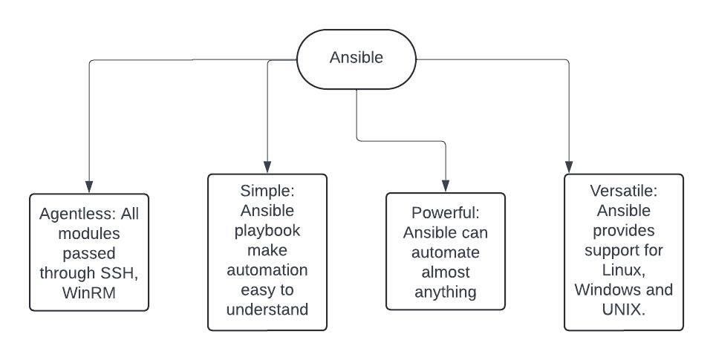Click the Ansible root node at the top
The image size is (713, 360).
point(356,58)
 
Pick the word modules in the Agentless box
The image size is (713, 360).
point(89,234)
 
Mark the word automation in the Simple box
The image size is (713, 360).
point(267,268)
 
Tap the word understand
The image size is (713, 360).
point(267,308)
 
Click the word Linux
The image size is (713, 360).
point(624,269)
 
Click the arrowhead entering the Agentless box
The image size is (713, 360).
point(89,188)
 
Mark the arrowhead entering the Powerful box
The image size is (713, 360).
point(446,187)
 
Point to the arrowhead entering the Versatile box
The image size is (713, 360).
point(569,168)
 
